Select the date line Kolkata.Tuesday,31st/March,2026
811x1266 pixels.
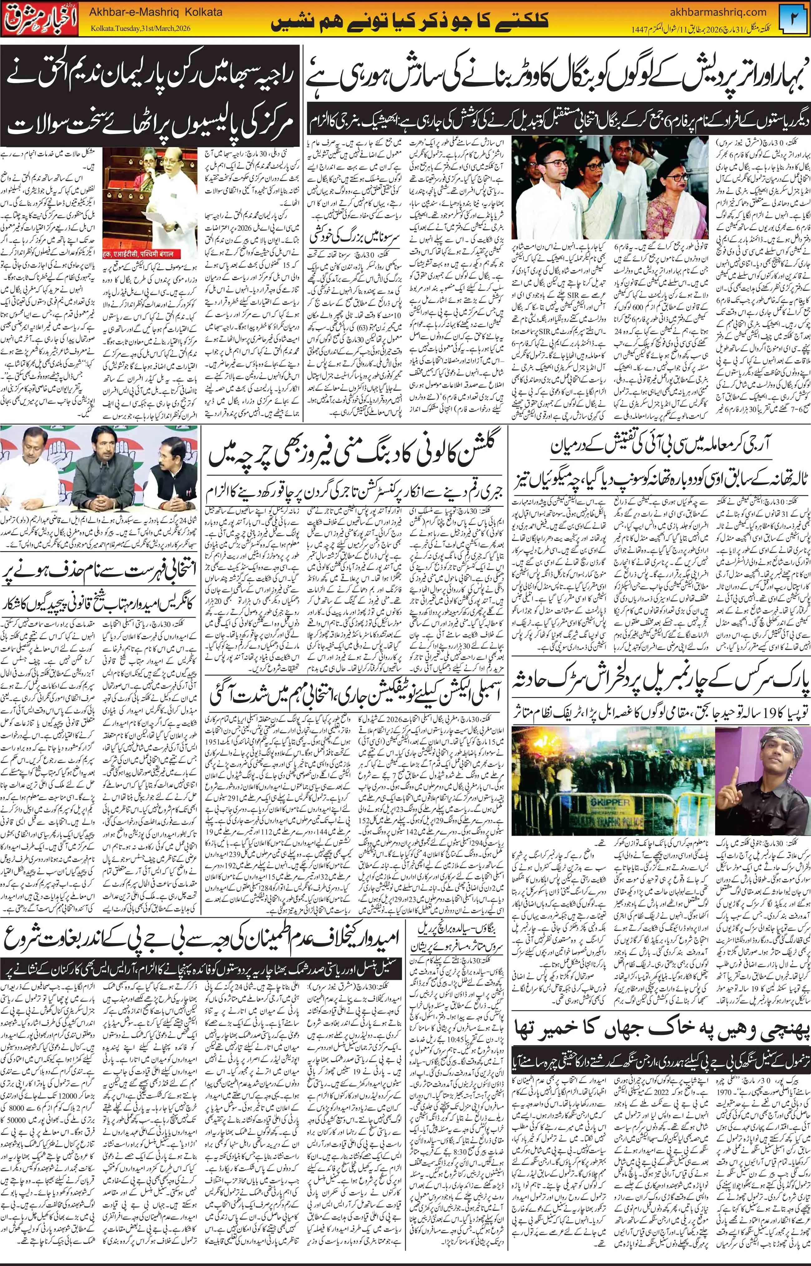[x=142, y=28]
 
